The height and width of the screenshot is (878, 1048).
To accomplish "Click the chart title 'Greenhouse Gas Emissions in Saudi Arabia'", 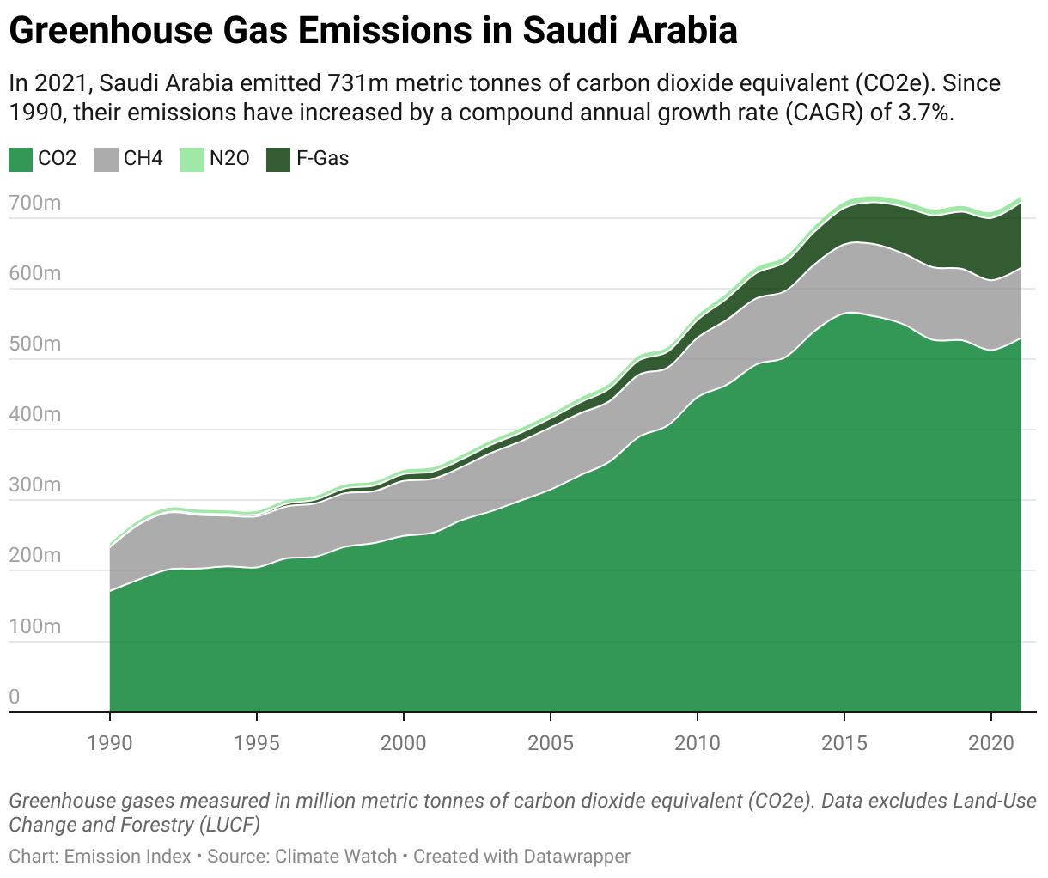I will click(x=373, y=31).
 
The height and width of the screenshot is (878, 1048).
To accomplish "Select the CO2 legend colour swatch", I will click(x=21, y=159).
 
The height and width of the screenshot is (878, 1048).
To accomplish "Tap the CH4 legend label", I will click(x=143, y=159).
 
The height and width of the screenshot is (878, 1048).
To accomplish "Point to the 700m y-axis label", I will click(x=34, y=204).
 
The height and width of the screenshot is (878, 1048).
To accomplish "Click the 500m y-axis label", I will click(x=34, y=344).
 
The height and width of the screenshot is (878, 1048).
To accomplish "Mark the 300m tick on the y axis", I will click(x=34, y=485).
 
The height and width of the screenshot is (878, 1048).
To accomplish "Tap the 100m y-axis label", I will click(x=34, y=626).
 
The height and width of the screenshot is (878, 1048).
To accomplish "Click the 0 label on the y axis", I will click(x=14, y=697).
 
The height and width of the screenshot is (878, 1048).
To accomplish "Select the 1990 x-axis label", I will click(x=110, y=742).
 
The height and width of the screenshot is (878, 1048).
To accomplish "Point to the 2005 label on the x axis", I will click(x=551, y=742).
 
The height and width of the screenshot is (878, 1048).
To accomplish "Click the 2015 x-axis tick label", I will click(x=844, y=742).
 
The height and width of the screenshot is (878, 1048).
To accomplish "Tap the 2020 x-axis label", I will click(x=991, y=742).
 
